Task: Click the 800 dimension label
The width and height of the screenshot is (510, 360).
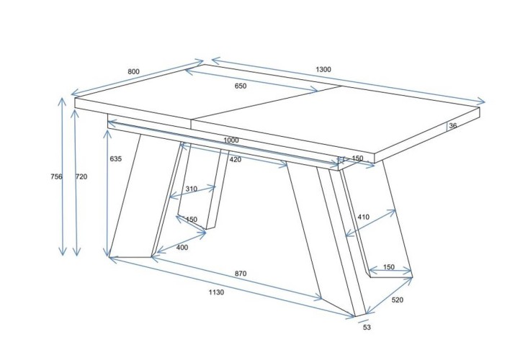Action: click(133, 71)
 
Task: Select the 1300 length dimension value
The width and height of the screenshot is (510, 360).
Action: click(323, 69)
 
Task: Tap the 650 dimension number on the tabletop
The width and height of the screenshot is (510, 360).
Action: click(241, 86)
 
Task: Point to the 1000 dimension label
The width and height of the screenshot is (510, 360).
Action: click(231, 140)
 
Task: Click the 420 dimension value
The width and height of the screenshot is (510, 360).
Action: click(236, 159)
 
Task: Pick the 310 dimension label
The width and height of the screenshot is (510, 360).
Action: click(192, 189)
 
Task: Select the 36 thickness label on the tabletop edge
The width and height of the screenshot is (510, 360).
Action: click(453, 125)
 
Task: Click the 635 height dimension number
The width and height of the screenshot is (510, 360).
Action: click(116, 158)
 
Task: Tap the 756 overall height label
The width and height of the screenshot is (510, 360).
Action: click(56, 176)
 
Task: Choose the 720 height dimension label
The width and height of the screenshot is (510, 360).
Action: click(81, 176)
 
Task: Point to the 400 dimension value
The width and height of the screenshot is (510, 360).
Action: click(182, 248)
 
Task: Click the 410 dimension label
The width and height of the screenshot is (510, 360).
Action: click(363, 217)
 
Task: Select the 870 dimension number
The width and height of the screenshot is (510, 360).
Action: click(241, 274)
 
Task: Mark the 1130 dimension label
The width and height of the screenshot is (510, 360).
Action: click(216, 292)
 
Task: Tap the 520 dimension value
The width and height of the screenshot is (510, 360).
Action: click(397, 300)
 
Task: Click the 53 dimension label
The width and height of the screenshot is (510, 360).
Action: click(367, 328)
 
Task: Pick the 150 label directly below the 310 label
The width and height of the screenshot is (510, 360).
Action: click(192, 220)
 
